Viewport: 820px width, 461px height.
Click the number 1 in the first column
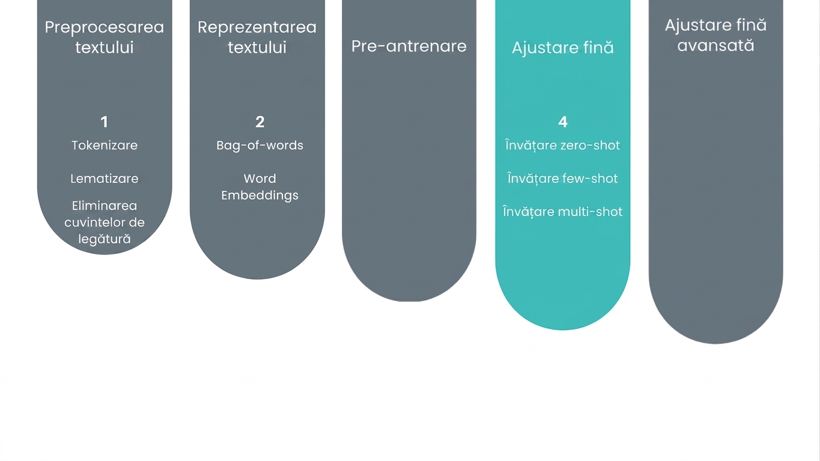tap(105, 122)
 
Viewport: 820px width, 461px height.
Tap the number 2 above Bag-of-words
tap(260, 122)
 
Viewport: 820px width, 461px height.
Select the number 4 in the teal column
tap(563, 122)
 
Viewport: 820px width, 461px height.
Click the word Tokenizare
tap(105, 145)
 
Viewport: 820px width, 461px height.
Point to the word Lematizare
tap(105, 178)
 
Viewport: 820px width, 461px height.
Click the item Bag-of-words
tap(260, 146)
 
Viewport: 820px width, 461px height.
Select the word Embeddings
tap(260, 195)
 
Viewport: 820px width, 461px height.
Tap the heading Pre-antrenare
tap(409, 46)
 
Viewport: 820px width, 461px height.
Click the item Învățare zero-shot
tap(563, 145)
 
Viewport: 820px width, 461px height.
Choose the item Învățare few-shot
tap(563, 178)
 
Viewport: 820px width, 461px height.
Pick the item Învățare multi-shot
tap(563, 212)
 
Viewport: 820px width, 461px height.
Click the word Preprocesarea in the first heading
tap(105, 28)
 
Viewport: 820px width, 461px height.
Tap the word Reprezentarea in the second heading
tap(257, 28)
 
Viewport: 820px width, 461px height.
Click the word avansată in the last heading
tap(715, 46)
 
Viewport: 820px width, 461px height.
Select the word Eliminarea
tap(105, 206)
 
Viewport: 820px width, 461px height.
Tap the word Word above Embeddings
tap(260, 178)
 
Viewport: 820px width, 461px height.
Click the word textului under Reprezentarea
tap(257, 47)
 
